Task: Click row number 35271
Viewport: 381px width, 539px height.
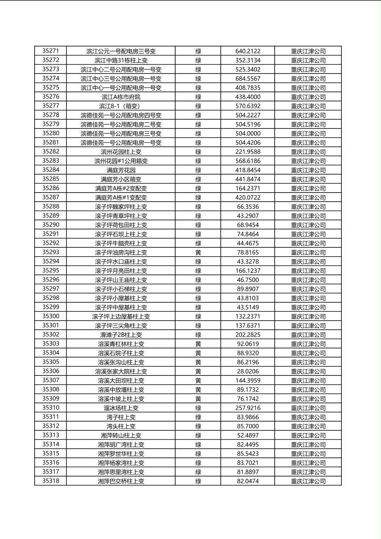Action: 50,51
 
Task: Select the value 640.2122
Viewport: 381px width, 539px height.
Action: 248,51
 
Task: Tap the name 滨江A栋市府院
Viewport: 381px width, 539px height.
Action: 121,97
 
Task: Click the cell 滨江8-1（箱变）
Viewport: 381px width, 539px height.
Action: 121,106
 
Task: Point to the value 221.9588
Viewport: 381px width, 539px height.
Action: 248,152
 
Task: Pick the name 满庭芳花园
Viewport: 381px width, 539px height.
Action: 121,170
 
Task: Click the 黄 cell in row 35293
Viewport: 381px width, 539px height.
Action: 198,252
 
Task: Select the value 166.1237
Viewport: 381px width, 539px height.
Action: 248,271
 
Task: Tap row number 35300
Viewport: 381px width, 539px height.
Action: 50,316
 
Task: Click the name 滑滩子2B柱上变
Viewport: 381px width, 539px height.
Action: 121,335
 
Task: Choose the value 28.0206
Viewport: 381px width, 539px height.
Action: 248,372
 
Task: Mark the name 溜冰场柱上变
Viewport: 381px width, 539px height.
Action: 121,408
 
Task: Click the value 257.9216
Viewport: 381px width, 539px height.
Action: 248,408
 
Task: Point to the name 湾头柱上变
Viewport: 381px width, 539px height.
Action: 121,426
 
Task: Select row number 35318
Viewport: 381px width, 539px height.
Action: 50,481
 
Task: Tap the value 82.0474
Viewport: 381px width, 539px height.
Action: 248,481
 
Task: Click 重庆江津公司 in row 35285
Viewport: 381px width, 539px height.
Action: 308,179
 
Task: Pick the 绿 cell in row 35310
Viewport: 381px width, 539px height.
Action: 198,408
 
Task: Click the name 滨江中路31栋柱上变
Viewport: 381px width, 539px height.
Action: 121,60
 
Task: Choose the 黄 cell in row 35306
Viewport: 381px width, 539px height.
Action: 198,372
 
